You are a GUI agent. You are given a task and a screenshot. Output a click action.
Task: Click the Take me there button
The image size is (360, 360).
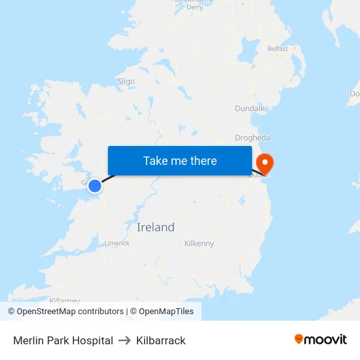click(x=180, y=160)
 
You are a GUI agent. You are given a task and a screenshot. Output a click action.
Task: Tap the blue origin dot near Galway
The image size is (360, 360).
click(x=95, y=186)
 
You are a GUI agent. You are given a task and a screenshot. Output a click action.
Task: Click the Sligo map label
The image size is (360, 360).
click(x=126, y=82)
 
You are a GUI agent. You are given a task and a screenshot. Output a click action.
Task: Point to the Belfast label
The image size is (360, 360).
click(x=278, y=48)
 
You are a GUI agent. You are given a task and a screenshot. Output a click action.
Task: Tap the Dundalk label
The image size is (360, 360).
click(x=249, y=108)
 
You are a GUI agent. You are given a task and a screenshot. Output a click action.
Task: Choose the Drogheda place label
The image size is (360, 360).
click(x=252, y=138)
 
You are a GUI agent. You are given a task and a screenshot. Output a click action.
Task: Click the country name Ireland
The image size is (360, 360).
click(x=155, y=227)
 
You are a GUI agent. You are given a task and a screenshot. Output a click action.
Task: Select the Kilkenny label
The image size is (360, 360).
click(x=199, y=243)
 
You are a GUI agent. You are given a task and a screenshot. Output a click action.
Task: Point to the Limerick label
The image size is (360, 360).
click(x=117, y=243)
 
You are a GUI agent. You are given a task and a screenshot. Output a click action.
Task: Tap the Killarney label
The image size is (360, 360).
click(x=64, y=301)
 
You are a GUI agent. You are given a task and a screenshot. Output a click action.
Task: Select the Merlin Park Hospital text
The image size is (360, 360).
click(x=63, y=340)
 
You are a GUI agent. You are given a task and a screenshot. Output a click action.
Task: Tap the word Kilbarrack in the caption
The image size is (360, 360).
click(x=161, y=340)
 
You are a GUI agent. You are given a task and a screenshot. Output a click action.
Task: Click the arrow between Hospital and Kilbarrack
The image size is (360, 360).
click(x=124, y=340)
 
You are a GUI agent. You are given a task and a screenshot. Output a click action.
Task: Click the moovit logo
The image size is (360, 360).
click(x=321, y=340)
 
